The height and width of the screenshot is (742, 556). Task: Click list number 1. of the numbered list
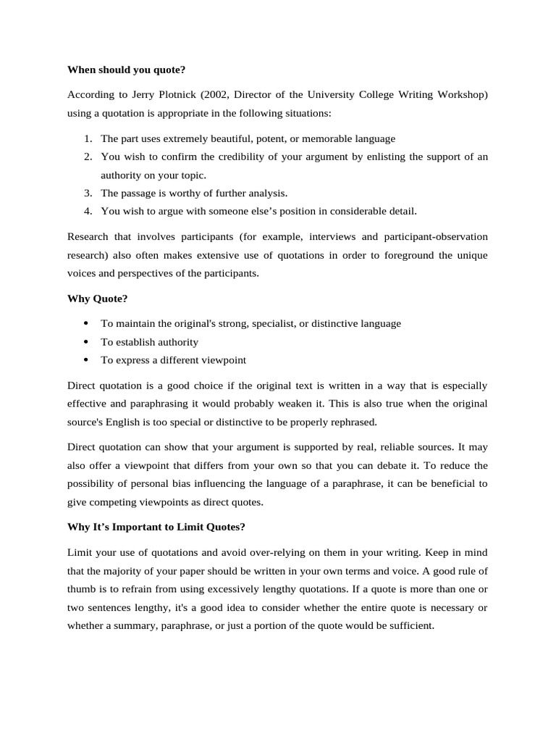point(87,138)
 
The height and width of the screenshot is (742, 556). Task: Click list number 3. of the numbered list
point(87,193)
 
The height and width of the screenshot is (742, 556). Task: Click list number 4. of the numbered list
point(87,211)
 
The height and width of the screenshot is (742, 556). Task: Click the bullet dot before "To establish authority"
point(87,342)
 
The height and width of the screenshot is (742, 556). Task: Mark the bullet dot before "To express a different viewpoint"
point(87,360)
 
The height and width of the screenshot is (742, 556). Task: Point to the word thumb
point(82,588)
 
